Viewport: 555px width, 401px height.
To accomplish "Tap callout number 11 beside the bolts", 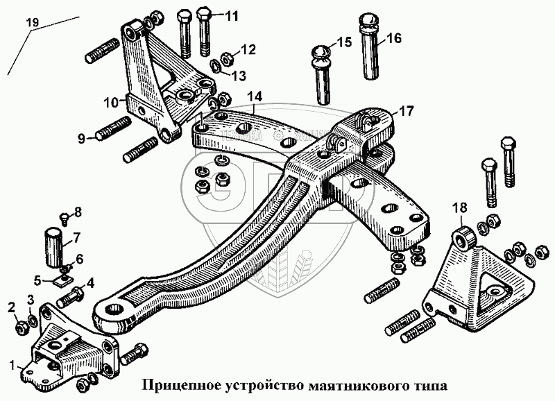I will (x=230, y=15).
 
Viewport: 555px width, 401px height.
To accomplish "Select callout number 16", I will (x=393, y=38).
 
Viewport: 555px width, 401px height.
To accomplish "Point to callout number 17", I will (x=405, y=111).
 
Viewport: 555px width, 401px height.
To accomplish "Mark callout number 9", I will (x=82, y=139).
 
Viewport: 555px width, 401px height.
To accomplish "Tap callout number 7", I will (x=77, y=237).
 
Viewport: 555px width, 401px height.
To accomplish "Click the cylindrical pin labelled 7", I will (x=55, y=246).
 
